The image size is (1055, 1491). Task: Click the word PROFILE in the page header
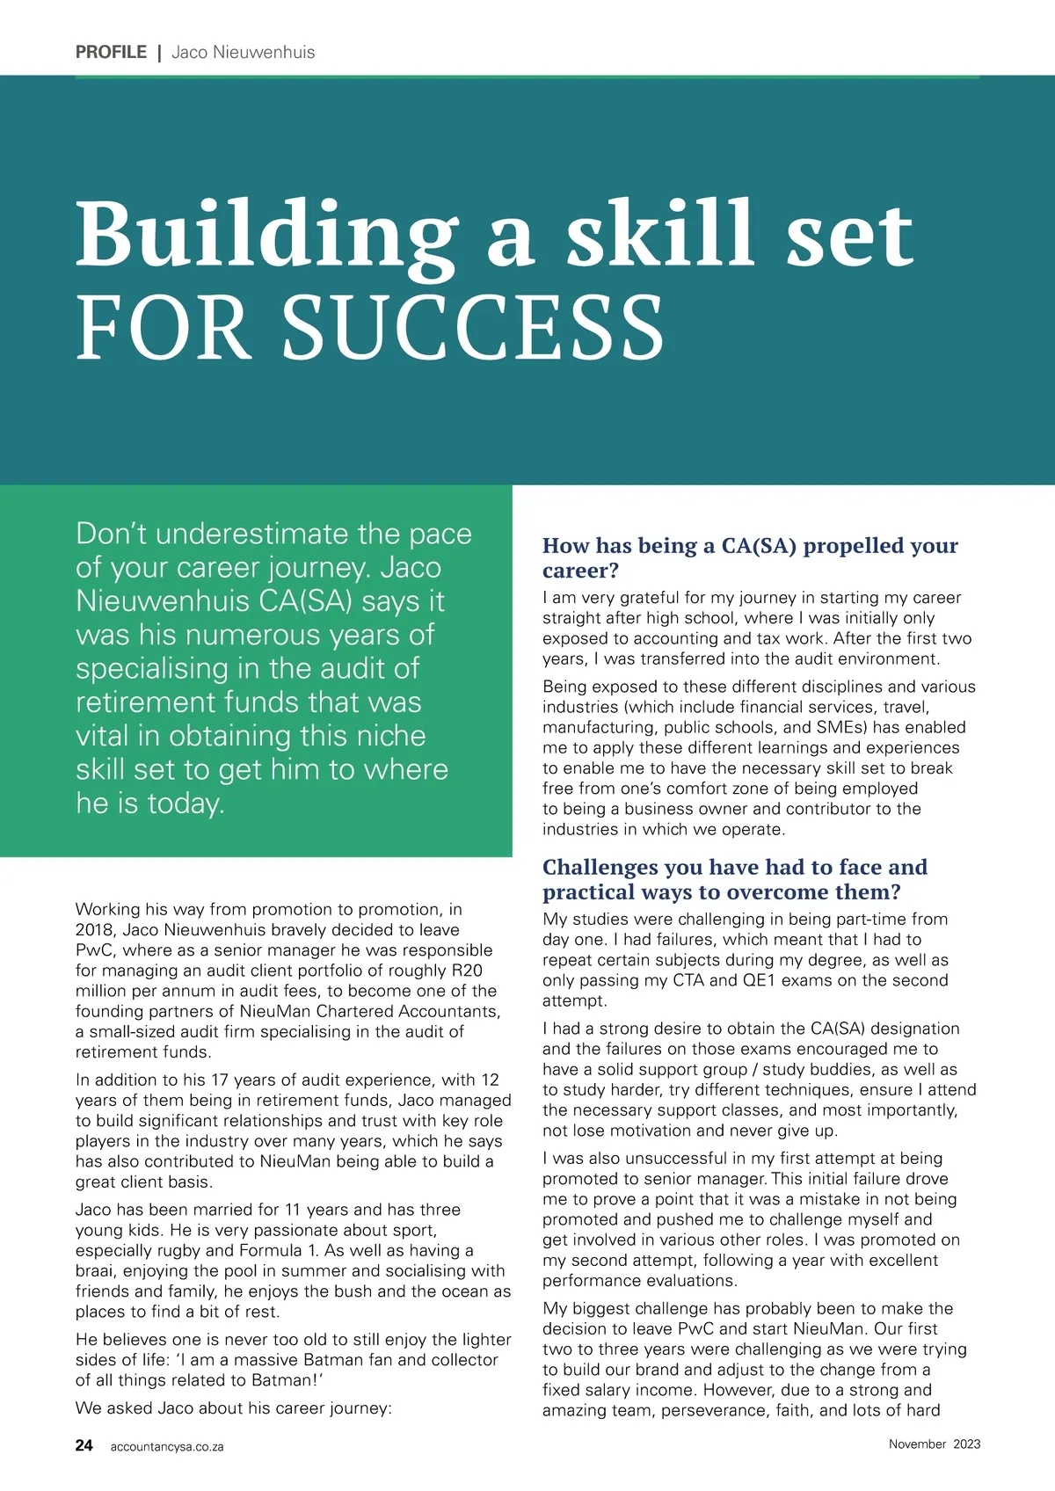click(111, 52)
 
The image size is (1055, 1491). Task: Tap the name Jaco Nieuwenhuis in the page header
click(243, 52)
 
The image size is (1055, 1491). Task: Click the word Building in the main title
click(266, 235)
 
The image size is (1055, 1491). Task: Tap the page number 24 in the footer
click(84, 1445)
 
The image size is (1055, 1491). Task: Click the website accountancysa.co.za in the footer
click(167, 1447)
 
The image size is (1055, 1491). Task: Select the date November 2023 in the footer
click(934, 1444)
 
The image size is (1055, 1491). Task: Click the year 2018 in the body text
click(94, 930)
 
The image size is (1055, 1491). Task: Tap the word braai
click(95, 1271)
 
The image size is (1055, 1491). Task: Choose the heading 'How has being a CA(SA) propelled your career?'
click(750, 557)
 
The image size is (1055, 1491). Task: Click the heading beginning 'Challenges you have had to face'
click(735, 879)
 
